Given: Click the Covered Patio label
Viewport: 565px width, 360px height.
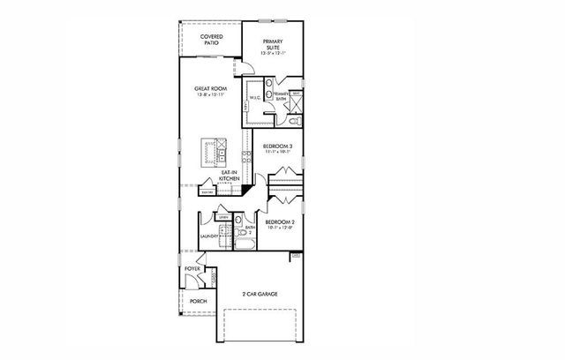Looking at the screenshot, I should (210, 40).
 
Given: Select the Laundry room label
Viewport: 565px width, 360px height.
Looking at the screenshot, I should (209, 236).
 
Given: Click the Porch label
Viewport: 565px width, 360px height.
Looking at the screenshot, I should (197, 300).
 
